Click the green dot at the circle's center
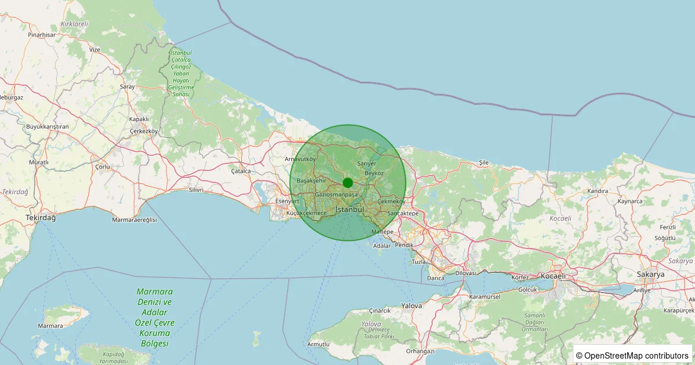(348, 183)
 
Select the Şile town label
(484, 163)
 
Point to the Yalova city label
(411, 305)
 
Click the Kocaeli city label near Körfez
(553, 276)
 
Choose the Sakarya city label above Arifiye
(650, 274)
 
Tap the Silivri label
(196, 189)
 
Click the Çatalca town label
(241, 171)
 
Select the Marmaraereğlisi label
(134, 220)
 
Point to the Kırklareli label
(74, 24)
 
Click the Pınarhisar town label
(41, 35)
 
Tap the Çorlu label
(102, 166)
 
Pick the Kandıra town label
(597, 191)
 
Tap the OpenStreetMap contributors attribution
(633, 355)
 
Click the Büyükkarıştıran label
(47, 126)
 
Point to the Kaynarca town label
(630, 201)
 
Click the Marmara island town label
(50, 326)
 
